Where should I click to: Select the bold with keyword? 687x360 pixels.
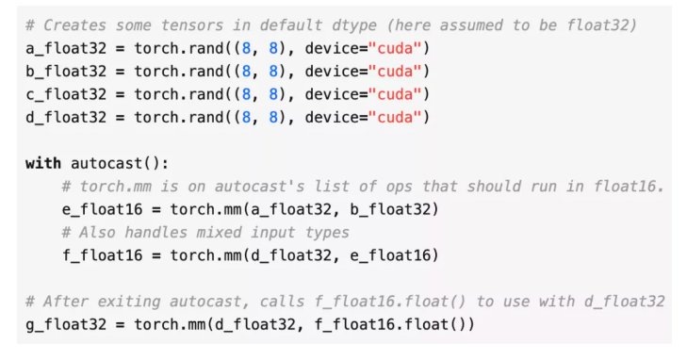pyautogui.click(x=43, y=163)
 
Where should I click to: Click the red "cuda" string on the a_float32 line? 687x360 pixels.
pyautogui.click(x=401, y=48)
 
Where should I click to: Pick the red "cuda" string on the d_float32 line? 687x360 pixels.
pyautogui.click(x=401, y=117)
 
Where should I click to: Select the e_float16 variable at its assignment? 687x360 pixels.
pyautogui.click(x=103, y=209)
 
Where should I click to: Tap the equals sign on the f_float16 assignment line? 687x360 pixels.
pyautogui.click(x=156, y=255)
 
